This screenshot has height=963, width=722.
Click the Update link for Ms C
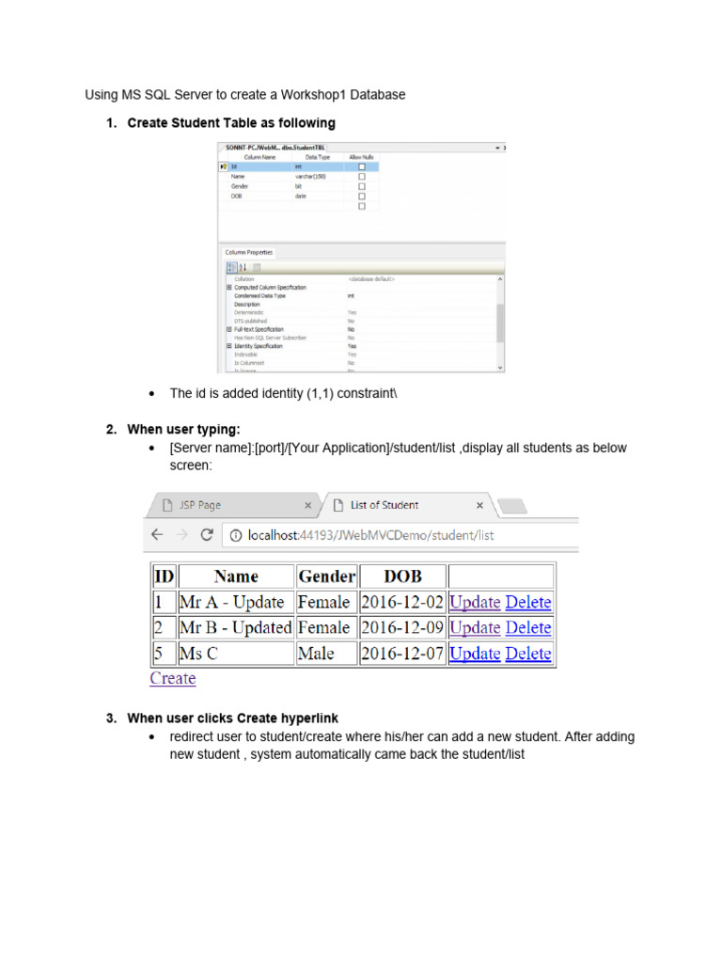475,654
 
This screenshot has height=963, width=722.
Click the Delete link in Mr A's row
527,603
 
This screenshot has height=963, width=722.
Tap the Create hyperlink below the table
173,678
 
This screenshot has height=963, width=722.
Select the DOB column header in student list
402,576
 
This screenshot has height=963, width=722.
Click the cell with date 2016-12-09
402,628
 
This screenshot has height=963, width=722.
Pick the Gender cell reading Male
315,654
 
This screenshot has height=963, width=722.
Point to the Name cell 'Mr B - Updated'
236,628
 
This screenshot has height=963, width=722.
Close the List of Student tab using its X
479,505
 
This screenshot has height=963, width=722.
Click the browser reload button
206,535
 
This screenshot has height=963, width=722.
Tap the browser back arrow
157,535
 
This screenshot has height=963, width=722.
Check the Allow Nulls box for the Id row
361,166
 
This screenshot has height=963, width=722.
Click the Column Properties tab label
248,252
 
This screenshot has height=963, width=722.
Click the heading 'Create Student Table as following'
231,123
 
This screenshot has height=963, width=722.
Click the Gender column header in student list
326,576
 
